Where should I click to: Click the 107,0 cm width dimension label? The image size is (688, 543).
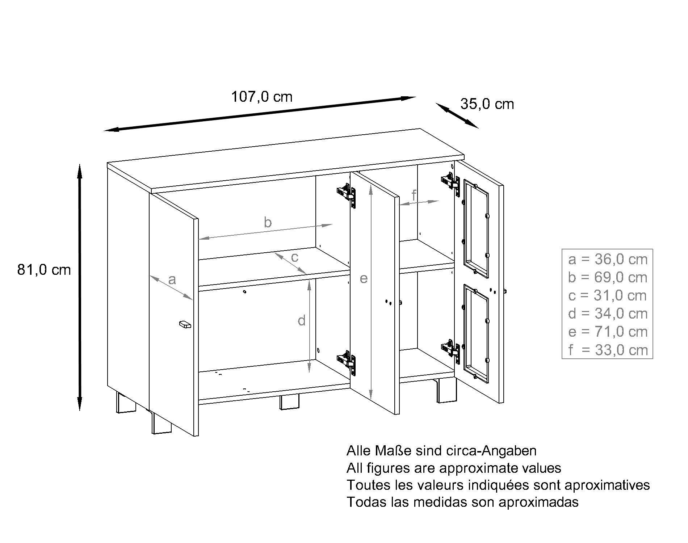click(261, 97)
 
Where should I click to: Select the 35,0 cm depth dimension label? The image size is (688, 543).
click(487, 104)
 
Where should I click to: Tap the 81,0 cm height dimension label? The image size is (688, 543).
click(44, 270)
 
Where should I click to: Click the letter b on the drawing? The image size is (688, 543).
click(267, 222)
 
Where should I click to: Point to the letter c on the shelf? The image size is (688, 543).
click(294, 257)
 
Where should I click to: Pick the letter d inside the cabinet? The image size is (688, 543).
click(301, 321)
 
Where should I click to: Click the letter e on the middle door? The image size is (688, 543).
click(364, 278)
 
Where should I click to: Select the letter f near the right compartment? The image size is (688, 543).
click(414, 195)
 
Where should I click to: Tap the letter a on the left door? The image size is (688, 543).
click(172, 279)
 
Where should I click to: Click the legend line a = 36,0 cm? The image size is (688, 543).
click(608, 260)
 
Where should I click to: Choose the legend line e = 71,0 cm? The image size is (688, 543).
click(608, 332)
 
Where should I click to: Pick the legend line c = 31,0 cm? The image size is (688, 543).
click(608, 296)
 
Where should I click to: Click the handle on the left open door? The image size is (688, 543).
click(185, 324)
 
